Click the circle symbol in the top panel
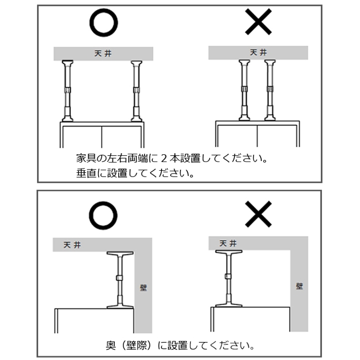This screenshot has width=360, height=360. tap(104, 24)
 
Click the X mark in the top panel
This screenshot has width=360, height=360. tap(258, 23)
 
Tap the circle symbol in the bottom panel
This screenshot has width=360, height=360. tap(104, 216)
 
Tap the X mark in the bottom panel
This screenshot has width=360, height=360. tap(258, 215)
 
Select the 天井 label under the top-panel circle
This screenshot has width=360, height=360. tap(103, 53)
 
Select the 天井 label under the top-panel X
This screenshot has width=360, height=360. tap(258, 53)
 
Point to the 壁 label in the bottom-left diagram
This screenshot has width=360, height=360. tap(143, 287)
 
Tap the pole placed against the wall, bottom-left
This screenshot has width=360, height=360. tap(119, 280)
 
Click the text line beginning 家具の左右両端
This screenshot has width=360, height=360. tap(172, 159)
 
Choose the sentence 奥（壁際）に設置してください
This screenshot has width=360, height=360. tap(180, 346)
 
